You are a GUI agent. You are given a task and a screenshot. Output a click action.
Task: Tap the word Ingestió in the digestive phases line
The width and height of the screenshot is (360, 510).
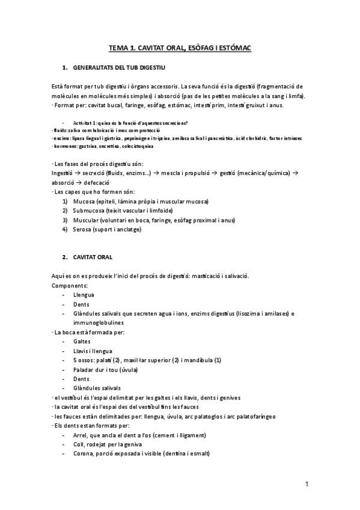[x=64, y=173]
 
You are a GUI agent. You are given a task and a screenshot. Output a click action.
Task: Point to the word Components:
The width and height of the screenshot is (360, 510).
[x=70, y=285]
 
